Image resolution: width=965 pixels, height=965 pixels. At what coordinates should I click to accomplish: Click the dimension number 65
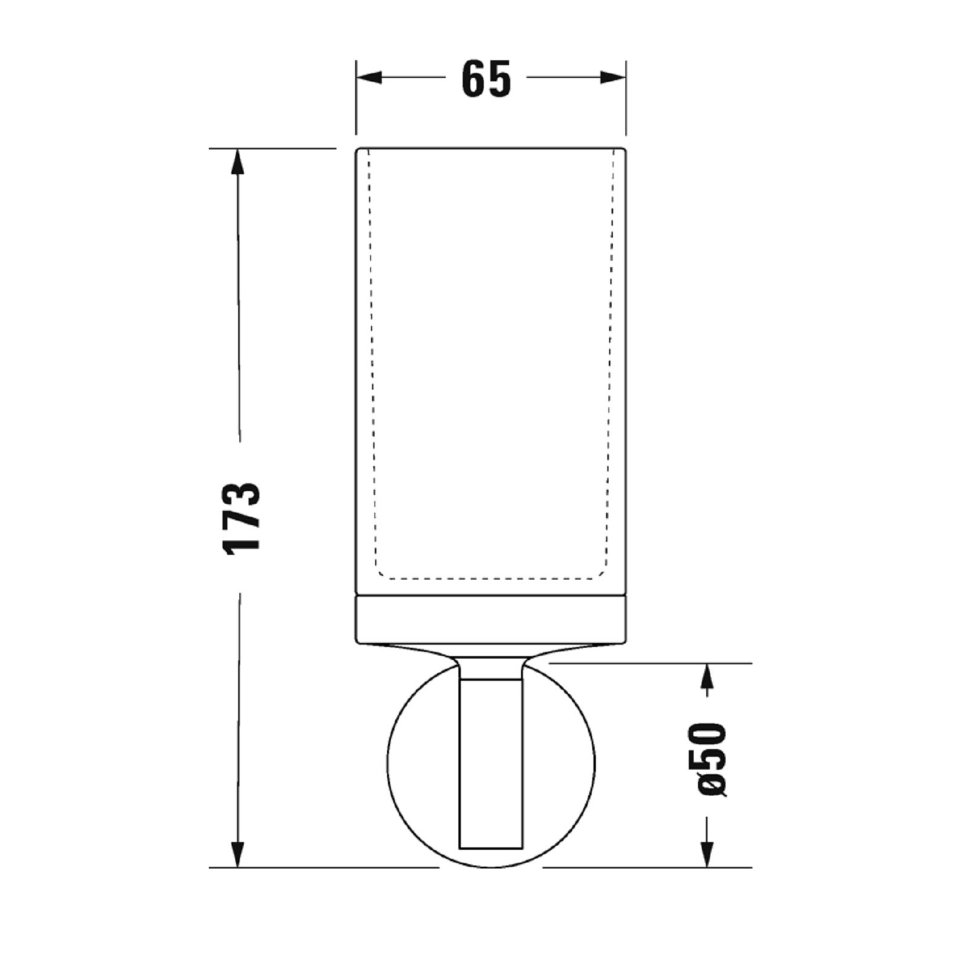[486, 78]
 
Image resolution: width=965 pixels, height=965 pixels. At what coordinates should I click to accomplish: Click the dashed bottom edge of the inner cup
[490, 578]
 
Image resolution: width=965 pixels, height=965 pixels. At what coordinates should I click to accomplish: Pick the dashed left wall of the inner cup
[372, 362]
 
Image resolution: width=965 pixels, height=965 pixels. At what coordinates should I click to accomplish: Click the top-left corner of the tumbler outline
[357, 149]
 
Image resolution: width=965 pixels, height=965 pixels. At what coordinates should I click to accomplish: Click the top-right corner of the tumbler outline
[625, 149]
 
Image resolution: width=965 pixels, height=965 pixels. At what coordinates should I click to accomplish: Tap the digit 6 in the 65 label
[474, 78]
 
